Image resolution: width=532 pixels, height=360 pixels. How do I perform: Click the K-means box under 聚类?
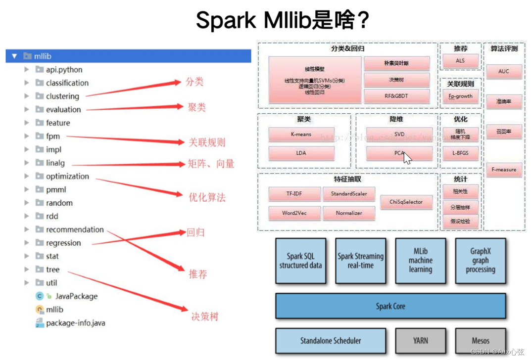[301, 135]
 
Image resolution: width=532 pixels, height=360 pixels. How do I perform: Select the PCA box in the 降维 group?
[399, 153]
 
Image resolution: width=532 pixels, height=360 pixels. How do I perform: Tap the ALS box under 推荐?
[460, 61]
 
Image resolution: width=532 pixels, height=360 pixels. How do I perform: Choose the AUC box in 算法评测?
[504, 72]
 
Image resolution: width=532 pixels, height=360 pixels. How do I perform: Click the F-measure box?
[504, 170]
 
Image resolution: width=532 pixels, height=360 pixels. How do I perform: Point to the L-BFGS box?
[460, 153]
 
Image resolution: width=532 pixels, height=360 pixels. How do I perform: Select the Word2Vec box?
[294, 213]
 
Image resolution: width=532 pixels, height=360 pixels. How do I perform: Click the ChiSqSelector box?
[406, 202]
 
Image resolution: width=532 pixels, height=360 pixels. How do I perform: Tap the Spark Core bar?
[390, 306]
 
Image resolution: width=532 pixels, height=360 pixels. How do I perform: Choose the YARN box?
[420, 341]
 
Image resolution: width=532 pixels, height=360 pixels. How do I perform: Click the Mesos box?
[480, 341]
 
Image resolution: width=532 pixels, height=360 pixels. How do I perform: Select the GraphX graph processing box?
[480, 260]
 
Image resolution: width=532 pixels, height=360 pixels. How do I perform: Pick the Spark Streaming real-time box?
[360, 260]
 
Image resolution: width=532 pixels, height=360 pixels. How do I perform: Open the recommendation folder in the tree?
[75, 229]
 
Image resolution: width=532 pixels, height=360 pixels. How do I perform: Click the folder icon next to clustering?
[40, 96]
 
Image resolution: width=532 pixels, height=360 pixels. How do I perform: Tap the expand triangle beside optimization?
[27, 176]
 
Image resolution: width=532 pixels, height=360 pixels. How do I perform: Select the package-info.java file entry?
[75, 323]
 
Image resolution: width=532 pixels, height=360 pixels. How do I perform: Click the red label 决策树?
[204, 316]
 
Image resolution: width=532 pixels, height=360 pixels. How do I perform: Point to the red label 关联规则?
[207, 142]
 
